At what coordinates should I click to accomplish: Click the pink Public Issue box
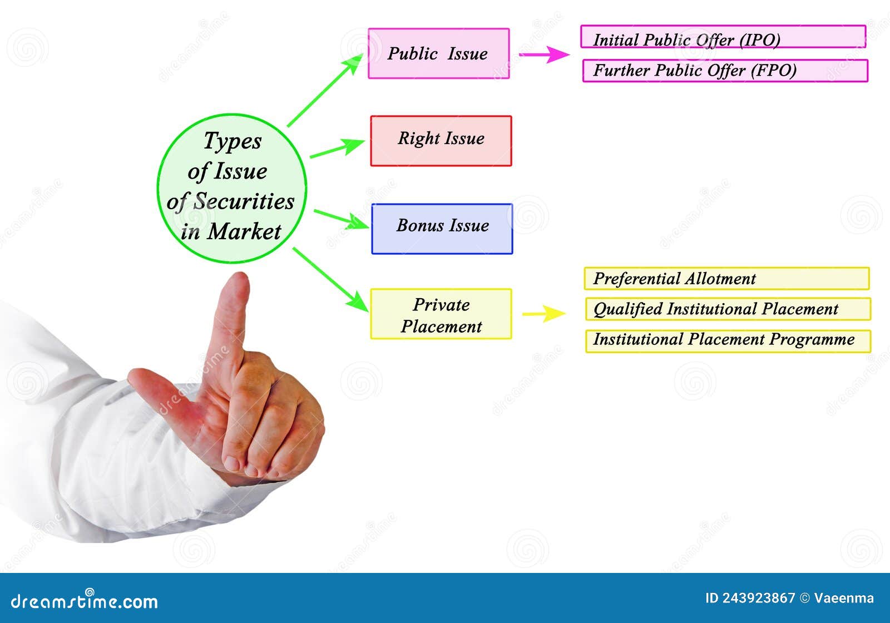click(438, 53)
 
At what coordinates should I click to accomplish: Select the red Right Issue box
click(441, 141)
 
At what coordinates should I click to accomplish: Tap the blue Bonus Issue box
click(442, 229)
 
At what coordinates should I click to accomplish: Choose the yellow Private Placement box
click(441, 314)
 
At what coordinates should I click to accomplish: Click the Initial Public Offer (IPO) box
click(723, 37)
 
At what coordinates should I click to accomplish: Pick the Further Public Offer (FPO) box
click(725, 71)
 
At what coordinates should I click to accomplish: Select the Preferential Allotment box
click(726, 278)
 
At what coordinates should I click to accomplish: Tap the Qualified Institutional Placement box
click(728, 309)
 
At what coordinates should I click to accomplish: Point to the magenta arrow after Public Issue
click(543, 55)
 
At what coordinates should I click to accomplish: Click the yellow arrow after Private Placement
click(543, 314)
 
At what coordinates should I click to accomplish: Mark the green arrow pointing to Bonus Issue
click(340, 219)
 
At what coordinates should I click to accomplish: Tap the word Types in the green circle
click(232, 141)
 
